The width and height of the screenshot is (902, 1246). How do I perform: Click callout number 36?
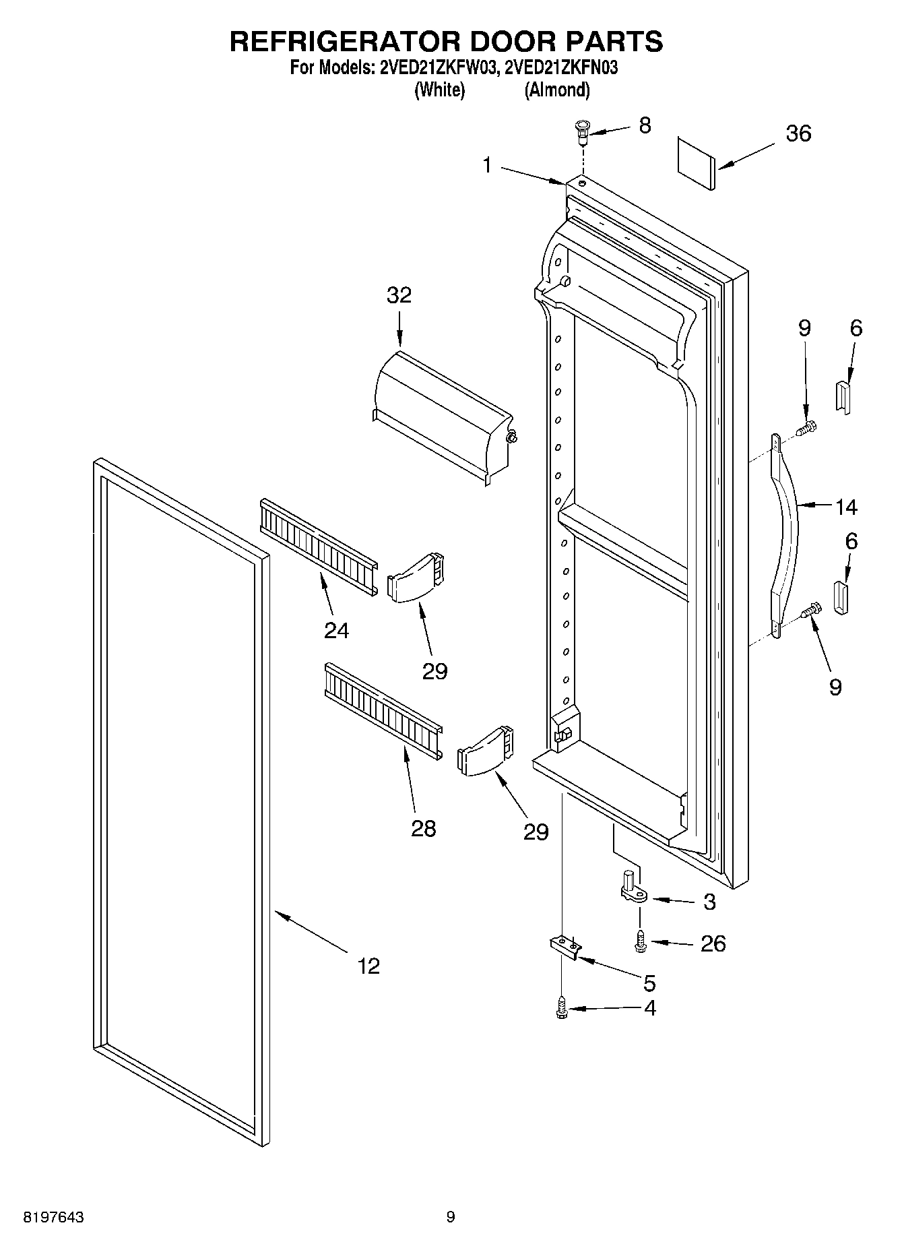[x=798, y=133]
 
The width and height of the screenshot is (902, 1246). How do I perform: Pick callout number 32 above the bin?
[x=399, y=295]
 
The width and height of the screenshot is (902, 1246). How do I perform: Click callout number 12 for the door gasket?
[x=368, y=966]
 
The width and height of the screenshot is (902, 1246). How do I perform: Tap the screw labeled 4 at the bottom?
[x=560, y=1009]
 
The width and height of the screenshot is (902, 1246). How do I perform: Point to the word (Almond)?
[x=557, y=90]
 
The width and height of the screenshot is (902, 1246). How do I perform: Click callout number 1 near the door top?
[x=488, y=165]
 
